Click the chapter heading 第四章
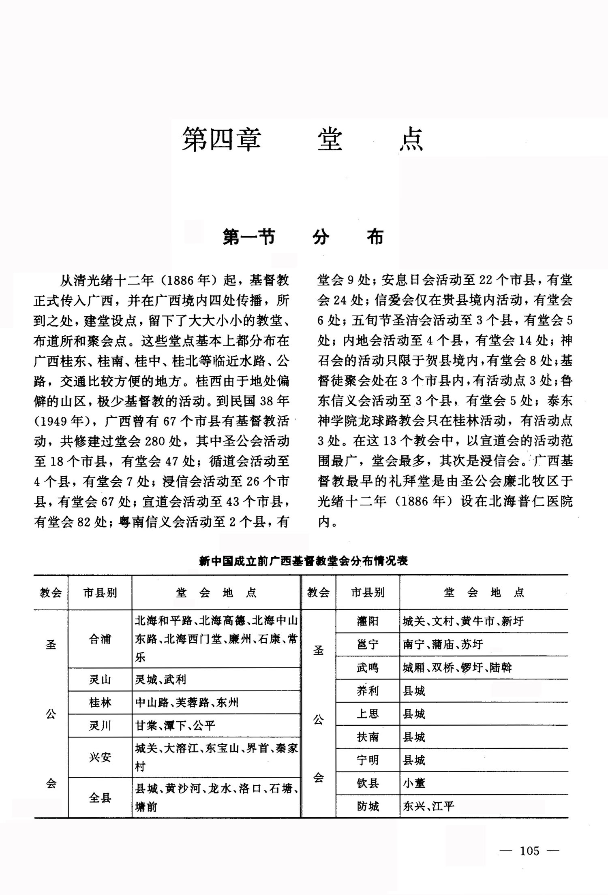221,139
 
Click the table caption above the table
303,561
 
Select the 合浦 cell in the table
100,639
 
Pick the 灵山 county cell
100,679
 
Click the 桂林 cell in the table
100,702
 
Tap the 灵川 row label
100,725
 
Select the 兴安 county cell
100,757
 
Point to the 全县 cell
100,797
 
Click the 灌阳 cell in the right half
367,621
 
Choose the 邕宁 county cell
367,644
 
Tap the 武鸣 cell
367,667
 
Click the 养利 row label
367,690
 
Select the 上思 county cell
367,714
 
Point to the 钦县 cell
367,783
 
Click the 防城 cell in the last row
367,806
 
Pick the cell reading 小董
414,783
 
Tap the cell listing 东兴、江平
428,806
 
